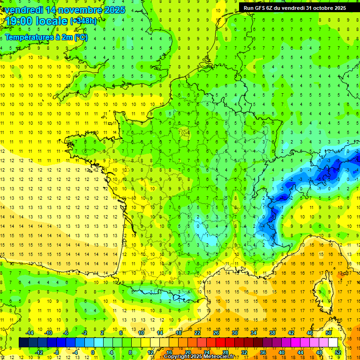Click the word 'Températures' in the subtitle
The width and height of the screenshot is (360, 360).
[29, 37]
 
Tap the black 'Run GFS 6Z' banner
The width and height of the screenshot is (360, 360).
[294, 8]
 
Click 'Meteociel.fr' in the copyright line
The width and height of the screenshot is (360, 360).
[217, 357]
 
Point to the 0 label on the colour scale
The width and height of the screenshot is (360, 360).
[92, 352]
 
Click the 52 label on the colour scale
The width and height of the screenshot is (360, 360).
[337, 352]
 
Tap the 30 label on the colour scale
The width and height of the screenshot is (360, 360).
[234, 333]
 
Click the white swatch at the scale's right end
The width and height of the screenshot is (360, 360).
[333, 342]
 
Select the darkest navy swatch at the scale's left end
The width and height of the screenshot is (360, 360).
[24, 342]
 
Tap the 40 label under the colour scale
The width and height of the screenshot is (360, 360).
[281, 352]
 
